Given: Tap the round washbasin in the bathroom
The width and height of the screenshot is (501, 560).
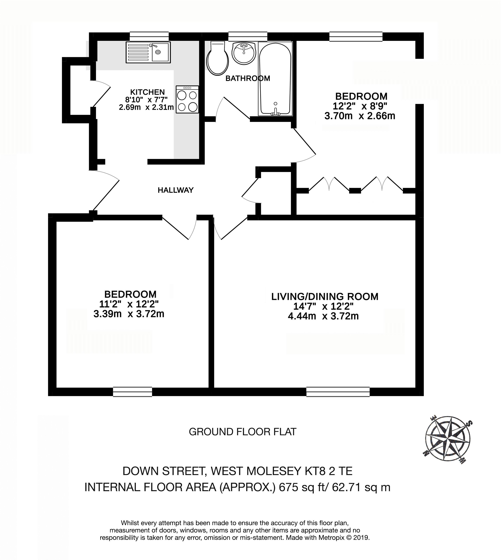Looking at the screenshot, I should click(244, 53).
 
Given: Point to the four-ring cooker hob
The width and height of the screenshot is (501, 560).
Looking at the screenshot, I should click(187, 99).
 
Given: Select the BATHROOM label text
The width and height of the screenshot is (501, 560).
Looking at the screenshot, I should click(248, 78).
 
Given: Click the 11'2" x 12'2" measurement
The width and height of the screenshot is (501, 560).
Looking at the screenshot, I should click(129, 304).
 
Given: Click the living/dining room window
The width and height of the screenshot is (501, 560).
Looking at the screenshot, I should click(338, 392).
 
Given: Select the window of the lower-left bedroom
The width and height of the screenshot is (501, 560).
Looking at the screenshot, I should click(132, 392).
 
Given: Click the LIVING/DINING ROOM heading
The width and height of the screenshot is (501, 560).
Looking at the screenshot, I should click(325, 297).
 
